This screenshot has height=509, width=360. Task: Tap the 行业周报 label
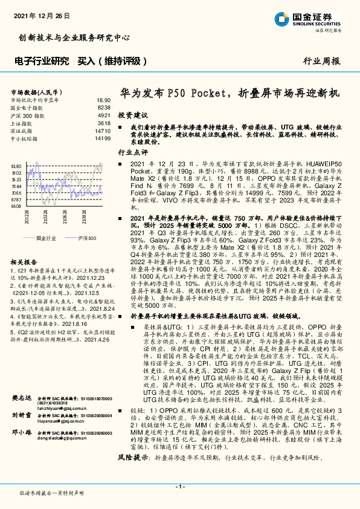[x=321, y=62]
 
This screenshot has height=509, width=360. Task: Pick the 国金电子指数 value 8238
[x=103, y=107]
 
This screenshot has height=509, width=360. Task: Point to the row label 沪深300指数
[x=28, y=115]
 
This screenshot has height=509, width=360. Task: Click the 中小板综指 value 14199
[x=102, y=138]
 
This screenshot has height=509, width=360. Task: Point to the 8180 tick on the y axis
[x=17, y=165]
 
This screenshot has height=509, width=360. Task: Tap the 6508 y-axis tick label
[x=17, y=206]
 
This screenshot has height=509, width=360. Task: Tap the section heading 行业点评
[x=133, y=153]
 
